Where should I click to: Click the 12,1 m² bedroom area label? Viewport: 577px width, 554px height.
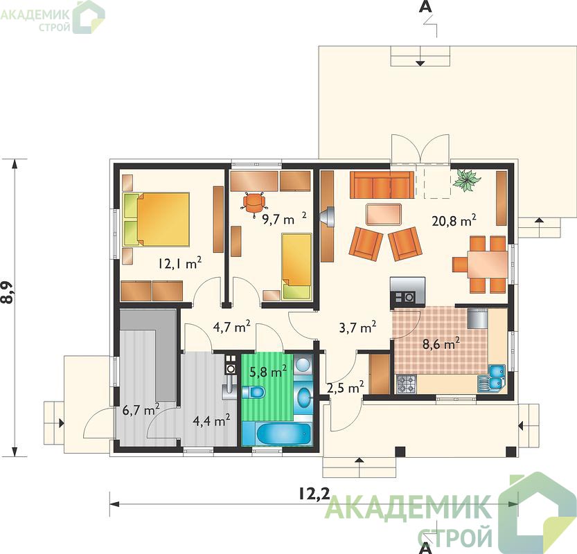pyautogui.click(x=180, y=263)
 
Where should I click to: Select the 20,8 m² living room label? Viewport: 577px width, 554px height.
pyautogui.click(x=454, y=220)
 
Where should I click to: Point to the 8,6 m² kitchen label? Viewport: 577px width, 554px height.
pyautogui.click(x=441, y=344)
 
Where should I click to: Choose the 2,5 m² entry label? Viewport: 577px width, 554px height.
pyautogui.click(x=346, y=387)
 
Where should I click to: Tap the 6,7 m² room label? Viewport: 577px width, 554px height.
pyautogui.click(x=141, y=409)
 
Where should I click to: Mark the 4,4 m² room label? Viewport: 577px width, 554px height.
pyautogui.click(x=211, y=420)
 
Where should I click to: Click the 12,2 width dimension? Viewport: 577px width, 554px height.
pyautogui.click(x=314, y=494)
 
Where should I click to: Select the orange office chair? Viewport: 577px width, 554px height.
pyautogui.click(x=253, y=202)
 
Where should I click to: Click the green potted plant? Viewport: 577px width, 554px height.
pyautogui.click(x=467, y=180)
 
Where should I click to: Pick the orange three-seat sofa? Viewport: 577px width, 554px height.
pyautogui.click(x=382, y=185)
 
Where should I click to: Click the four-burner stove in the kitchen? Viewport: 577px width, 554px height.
pyautogui.click(x=406, y=384)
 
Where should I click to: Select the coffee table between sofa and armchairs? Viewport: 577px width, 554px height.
pyautogui.click(x=384, y=214)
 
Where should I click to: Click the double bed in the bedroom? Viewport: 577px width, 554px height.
pyautogui.click(x=157, y=219)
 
